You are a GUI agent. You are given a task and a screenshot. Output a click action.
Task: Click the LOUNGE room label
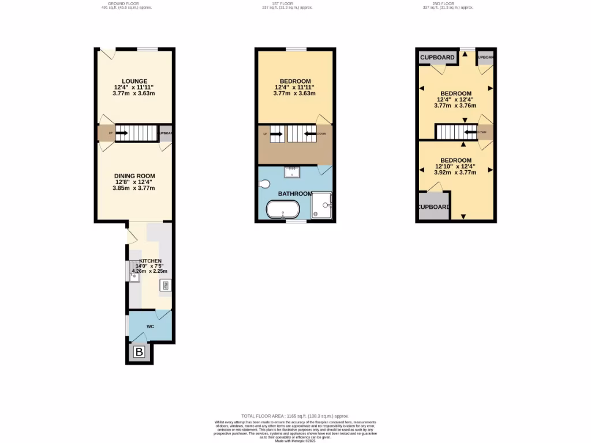pos(134,81)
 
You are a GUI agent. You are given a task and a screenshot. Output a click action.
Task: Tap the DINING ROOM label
pos(134,176)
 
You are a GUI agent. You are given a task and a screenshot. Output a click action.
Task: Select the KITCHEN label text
pos(149,261)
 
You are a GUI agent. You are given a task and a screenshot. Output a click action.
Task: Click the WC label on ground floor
pos(150,326)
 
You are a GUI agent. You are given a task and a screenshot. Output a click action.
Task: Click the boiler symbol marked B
pos(139,352)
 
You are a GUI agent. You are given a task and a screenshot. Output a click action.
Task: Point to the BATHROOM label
pos(295,194)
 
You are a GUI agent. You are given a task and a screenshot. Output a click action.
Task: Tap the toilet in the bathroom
pos(264,184)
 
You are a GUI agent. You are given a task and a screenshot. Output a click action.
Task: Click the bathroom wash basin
pos(293,171)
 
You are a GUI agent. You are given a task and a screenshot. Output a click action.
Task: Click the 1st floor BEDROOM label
pos(295,81)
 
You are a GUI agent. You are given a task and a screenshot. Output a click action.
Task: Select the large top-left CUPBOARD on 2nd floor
pos(437,58)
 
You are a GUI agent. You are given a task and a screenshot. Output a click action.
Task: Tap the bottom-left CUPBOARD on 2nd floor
pos(434,207)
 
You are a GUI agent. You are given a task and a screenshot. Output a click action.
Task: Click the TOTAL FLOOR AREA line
pos(295,416)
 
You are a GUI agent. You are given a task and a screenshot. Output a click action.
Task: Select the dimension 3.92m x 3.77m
pos(456,172)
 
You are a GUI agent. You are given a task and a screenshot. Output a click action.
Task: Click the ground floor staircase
pos(136,133)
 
